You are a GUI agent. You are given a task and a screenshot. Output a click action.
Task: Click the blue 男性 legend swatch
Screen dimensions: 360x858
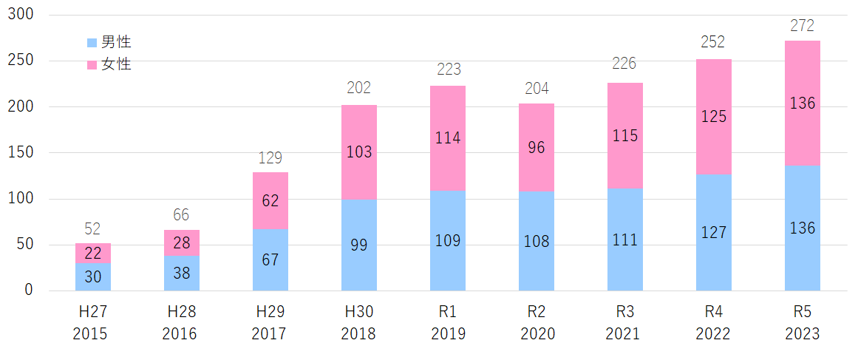click(x=92, y=43)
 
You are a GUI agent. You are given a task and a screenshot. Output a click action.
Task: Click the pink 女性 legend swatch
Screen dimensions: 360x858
click(x=92, y=65)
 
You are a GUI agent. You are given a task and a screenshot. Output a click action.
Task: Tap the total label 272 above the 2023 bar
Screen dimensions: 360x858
click(x=802, y=26)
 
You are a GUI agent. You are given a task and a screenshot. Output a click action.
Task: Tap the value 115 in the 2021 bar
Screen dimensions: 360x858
click(x=624, y=136)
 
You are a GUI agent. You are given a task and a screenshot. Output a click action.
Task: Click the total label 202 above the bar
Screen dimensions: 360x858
click(x=359, y=89)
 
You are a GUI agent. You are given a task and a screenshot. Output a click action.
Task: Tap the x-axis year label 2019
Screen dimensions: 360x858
click(x=448, y=334)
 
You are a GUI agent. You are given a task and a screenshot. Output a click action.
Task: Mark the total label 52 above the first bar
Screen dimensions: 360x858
click(x=92, y=228)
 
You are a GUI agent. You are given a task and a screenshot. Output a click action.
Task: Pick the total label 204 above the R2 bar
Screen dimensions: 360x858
click(x=536, y=89)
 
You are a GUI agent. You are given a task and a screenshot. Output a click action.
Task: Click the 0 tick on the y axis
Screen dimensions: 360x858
click(x=29, y=291)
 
